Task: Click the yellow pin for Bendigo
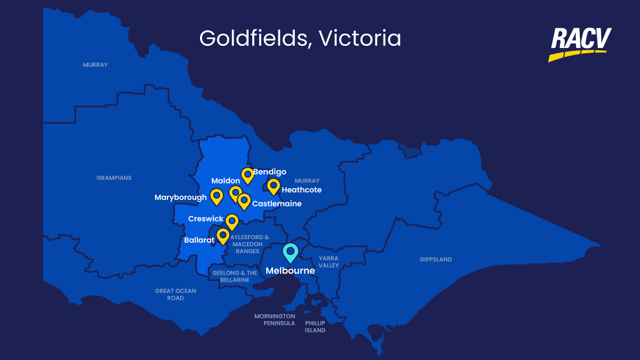(247, 174)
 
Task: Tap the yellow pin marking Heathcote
(274, 186)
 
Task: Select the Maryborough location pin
(217, 196)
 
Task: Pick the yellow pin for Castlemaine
(244, 201)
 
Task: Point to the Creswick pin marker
(231, 221)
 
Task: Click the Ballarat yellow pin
(223, 235)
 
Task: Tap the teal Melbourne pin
(290, 252)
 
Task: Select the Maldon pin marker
(235, 193)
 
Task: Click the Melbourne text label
(290, 270)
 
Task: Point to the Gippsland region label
(436, 260)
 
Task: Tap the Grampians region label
(114, 178)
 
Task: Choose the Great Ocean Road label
(175, 294)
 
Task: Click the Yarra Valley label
(329, 262)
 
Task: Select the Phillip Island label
(315, 326)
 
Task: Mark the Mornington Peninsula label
(275, 319)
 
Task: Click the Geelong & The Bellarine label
(235, 276)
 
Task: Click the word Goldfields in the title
(253, 39)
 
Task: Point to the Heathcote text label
(301, 190)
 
